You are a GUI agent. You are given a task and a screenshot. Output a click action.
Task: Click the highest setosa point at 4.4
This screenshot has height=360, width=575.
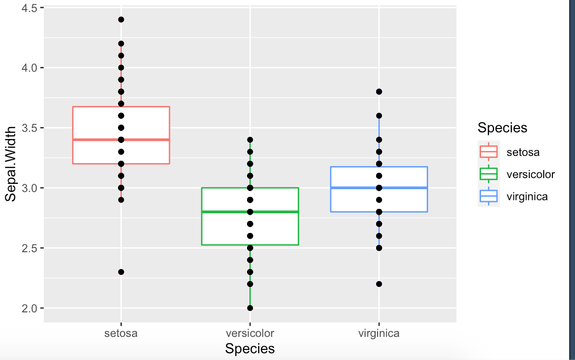coord(121,20)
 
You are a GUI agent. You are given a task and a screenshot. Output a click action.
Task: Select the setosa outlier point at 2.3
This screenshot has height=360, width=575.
coord(121,272)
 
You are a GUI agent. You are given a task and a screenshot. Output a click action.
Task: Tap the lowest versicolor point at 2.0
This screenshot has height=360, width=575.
coord(250,308)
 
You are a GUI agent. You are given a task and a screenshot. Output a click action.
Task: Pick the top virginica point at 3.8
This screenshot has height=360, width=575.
coord(379,91)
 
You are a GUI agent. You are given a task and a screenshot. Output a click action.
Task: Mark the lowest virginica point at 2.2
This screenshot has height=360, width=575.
coord(379,284)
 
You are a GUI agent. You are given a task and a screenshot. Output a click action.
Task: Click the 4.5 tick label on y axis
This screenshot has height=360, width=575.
coord(29,8)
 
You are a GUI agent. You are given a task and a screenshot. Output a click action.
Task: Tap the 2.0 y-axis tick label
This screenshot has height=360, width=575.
coord(29,308)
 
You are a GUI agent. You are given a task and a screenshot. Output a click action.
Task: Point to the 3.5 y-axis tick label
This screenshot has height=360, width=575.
coord(29,128)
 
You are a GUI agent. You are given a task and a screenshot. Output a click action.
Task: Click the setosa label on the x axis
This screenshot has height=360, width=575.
coord(121,333)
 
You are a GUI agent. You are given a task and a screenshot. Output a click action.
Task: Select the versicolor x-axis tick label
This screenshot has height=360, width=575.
coord(250,333)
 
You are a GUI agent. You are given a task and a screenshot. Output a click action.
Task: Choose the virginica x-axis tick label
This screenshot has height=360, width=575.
coord(379,333)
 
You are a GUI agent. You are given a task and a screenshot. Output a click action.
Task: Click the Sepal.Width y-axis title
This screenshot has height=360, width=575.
coord(11,164)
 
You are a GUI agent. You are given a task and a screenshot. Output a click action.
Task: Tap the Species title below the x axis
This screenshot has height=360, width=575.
coord(250,349)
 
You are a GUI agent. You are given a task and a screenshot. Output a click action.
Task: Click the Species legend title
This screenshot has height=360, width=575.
coord(502,128)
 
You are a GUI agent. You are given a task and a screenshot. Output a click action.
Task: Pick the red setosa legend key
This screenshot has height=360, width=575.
coord(489,152)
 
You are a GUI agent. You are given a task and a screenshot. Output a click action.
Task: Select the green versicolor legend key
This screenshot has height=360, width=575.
coord(489,174)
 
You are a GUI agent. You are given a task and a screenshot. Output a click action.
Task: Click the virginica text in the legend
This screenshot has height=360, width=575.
coord(527,196)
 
